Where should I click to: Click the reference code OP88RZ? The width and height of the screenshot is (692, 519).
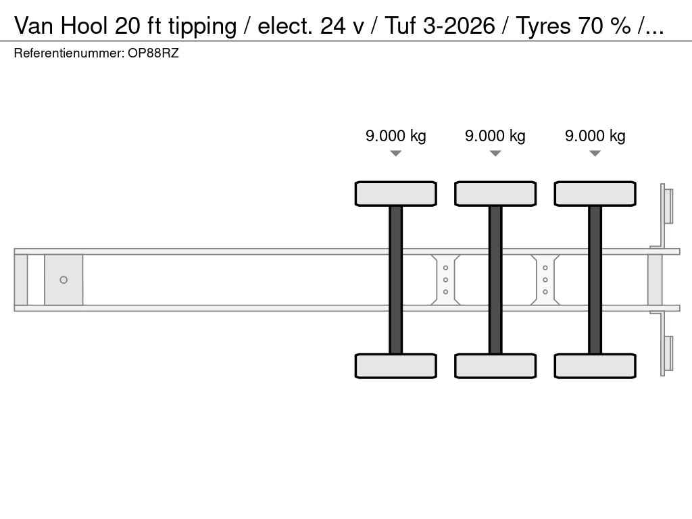(x=153, y=53)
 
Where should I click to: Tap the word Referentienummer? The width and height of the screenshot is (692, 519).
(x=69, y=53)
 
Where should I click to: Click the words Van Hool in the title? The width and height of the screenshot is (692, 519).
(x=61, y=26)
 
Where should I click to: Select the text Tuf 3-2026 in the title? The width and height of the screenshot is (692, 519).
(x=440, y=26)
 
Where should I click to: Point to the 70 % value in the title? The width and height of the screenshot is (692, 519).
(x=604, y=26)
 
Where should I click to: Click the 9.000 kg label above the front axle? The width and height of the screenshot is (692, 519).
(x=396, y=136)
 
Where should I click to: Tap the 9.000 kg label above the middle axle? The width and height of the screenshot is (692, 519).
(x=495, y=136)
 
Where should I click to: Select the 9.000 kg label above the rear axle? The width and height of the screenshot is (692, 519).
(x=595, y=136)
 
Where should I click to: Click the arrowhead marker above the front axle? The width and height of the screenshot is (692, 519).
(x=396, y=153)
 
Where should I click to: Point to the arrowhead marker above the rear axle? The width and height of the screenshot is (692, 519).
(x=595, y=153)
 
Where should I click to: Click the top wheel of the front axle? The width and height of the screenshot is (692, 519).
(x=396, y=194)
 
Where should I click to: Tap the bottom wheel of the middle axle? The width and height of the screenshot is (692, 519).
(x=495, y=366)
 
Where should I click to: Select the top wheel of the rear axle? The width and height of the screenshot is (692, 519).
(x=595, y=194)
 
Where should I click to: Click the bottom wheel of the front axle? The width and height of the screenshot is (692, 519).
(x=396, y=366)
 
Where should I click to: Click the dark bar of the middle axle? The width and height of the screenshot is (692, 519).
(x=495, y=280)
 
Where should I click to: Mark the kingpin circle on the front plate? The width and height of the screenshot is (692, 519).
(x=64, y=280)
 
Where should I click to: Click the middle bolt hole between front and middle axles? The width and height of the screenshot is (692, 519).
(x=446, y=280)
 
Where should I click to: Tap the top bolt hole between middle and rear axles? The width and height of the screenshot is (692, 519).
(x=545, y=268)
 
